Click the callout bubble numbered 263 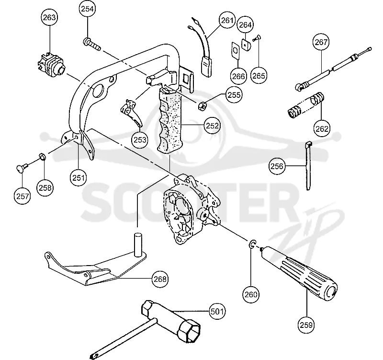pyautogui.click(x=50, y=18)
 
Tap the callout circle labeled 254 pyautogui.click(x=87, y=9)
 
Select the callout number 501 pyautogui.click(x=217, y=311)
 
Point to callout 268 pyautogui.click(x=160, y=279)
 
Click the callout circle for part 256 pyautogui.click(x=277, y=166)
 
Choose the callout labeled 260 pyautogui.click(x=251, y=294)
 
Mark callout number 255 pyautogui.click(x=234, y=94)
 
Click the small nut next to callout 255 pyautogui.click(x=202, y=106)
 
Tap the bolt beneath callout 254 pyautogui.click(x=92, y=44)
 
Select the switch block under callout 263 pyautogui.click(x=52, y=65)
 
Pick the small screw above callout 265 pyautogui.click(x=257, y=38)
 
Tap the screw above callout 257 pyautogui.click(x=22, y=168)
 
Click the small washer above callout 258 pyautogui.click(x=42, y=156)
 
